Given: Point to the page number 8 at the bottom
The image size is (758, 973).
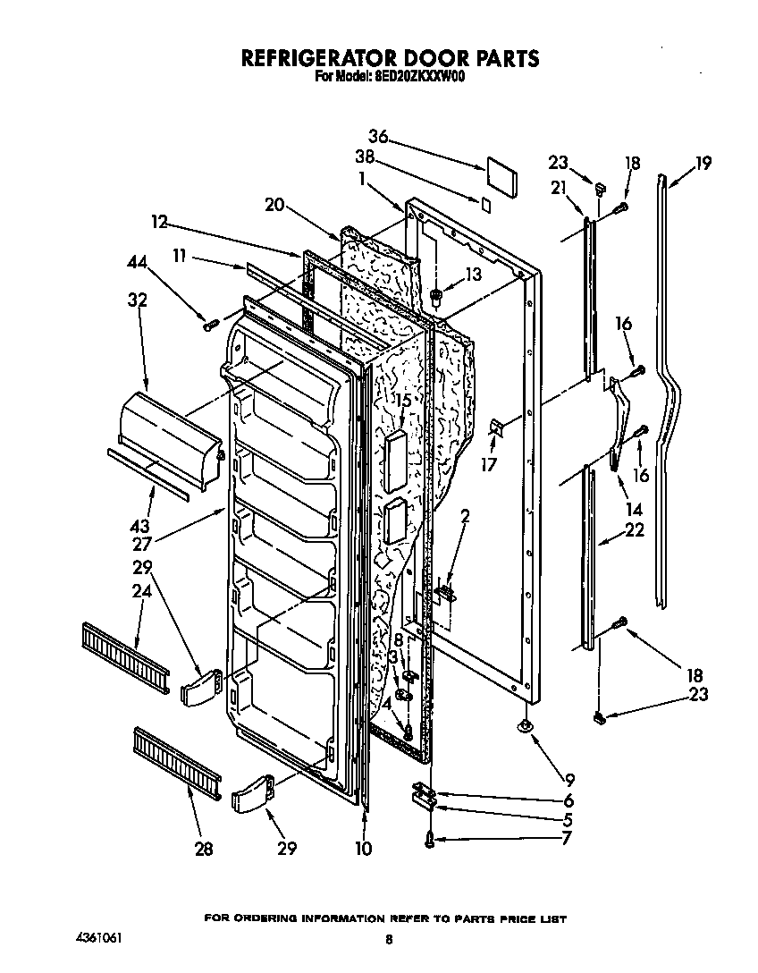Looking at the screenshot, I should pos(389,940).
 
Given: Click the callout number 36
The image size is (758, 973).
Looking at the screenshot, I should pos(379,137).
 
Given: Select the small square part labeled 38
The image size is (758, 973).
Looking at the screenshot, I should pos(485,204).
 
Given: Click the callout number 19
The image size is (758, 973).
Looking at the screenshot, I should pos(703,163).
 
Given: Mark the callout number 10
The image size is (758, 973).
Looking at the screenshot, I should pos(363,848).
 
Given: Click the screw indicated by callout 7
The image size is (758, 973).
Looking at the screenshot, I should pos(430,838).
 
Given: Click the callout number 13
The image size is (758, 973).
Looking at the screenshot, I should pos(472,275).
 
